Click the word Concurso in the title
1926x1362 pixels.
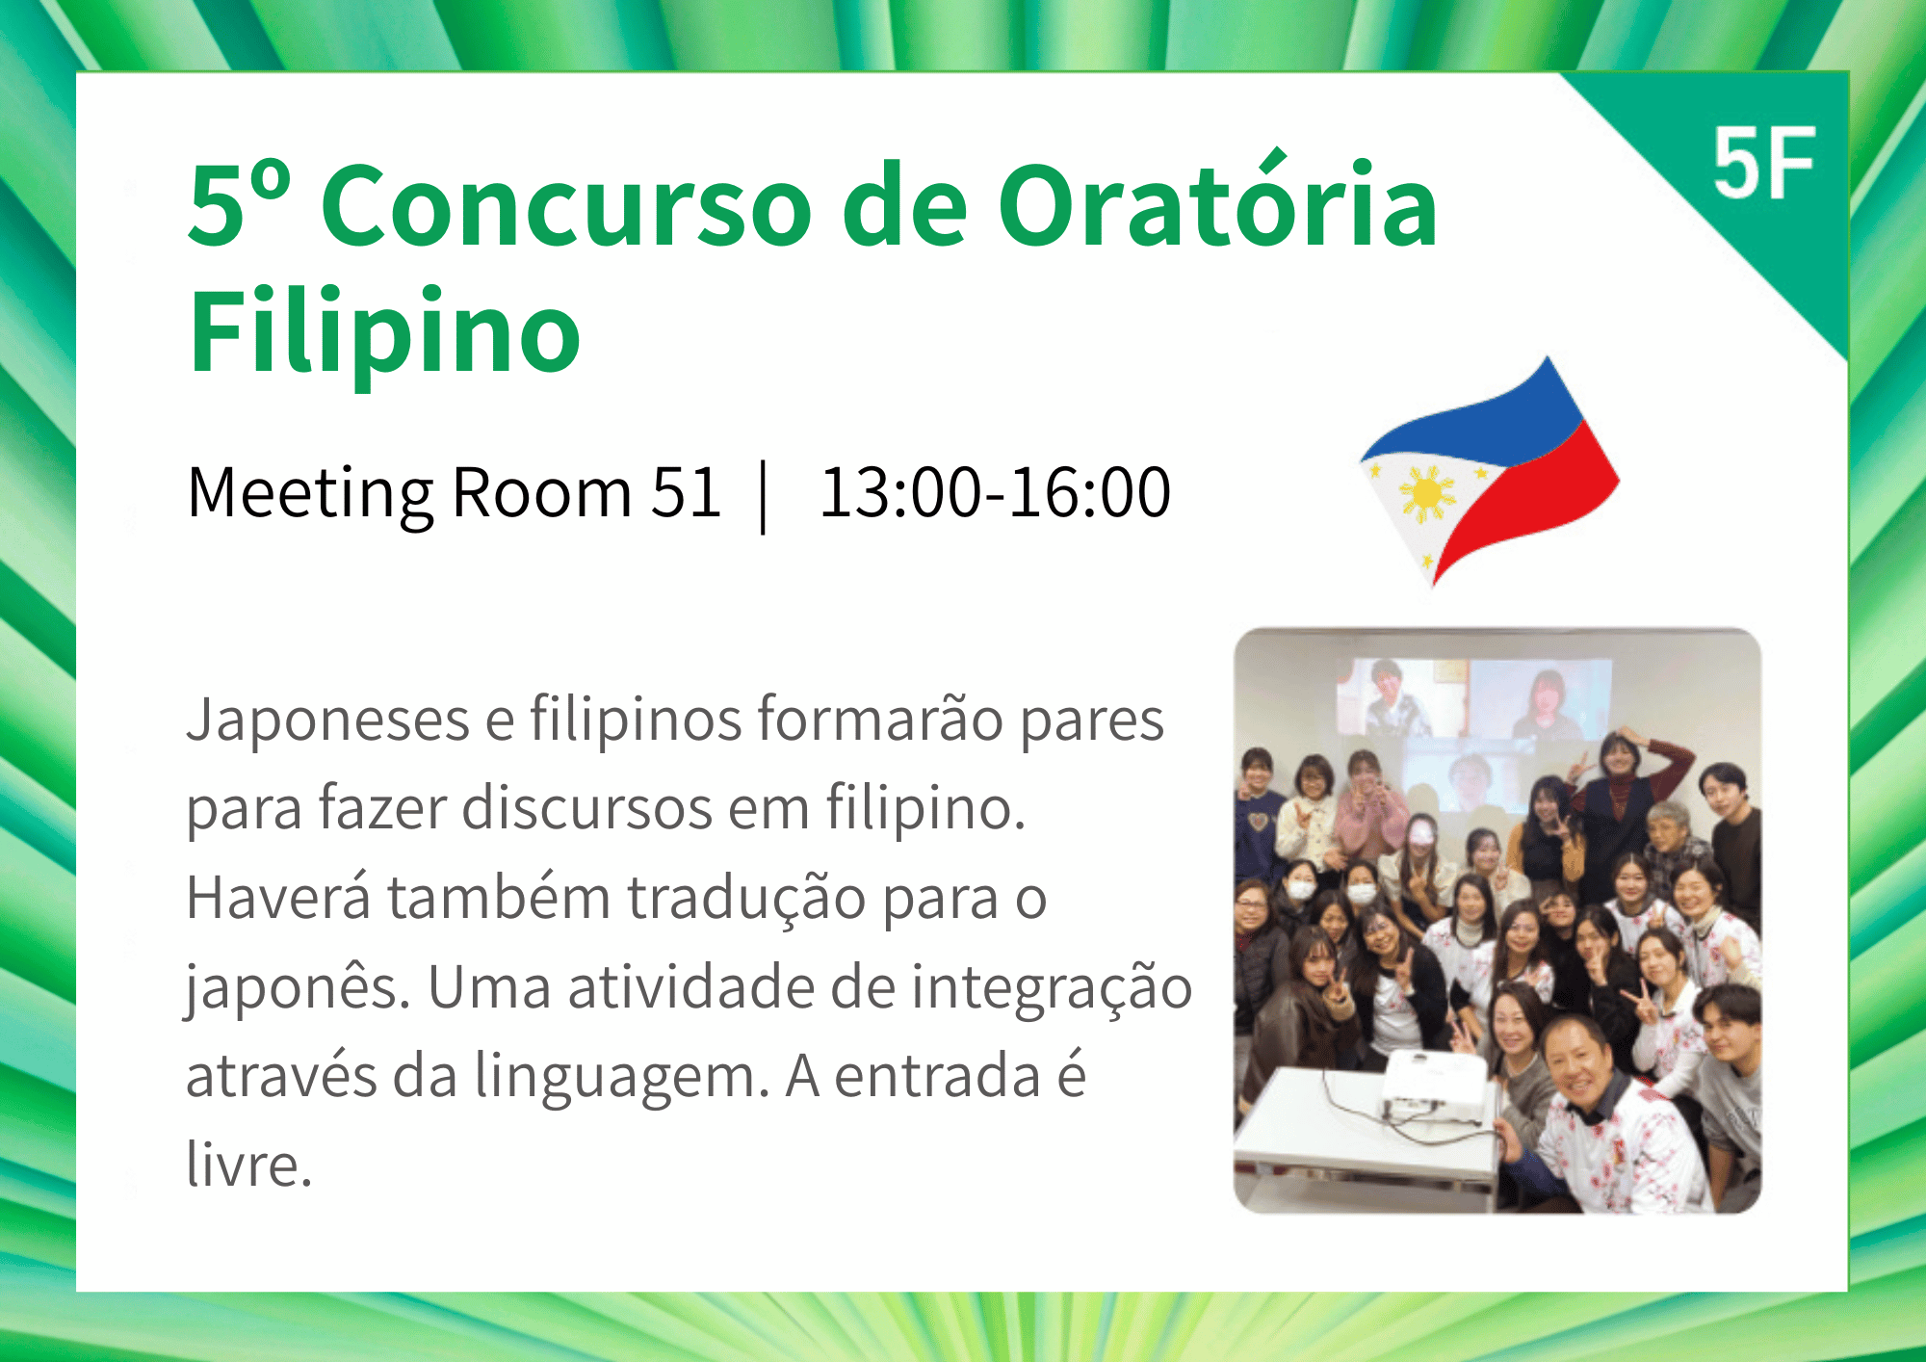click(x=567, y=205)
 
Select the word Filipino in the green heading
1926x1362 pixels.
click(x=384, y=332)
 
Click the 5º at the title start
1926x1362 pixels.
click(x=239, y=202)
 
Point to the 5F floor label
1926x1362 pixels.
click(x=1763, y=165)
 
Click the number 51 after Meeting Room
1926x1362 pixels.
click(x=686, y=492)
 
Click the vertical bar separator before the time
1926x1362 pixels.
click(x=764, y=497)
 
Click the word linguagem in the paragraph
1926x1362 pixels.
click(x=622, y=1076)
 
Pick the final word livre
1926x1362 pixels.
click(x=249, y=1165)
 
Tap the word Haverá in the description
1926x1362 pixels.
click(x=278, y=897)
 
